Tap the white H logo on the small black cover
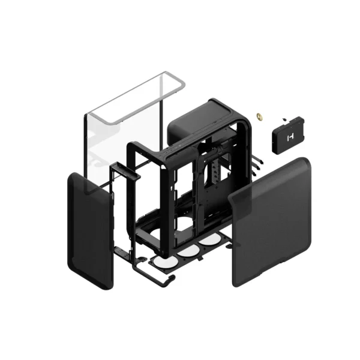tap(289, 137)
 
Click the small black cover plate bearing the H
tap(289, 137)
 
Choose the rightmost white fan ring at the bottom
tap(209, 239)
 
